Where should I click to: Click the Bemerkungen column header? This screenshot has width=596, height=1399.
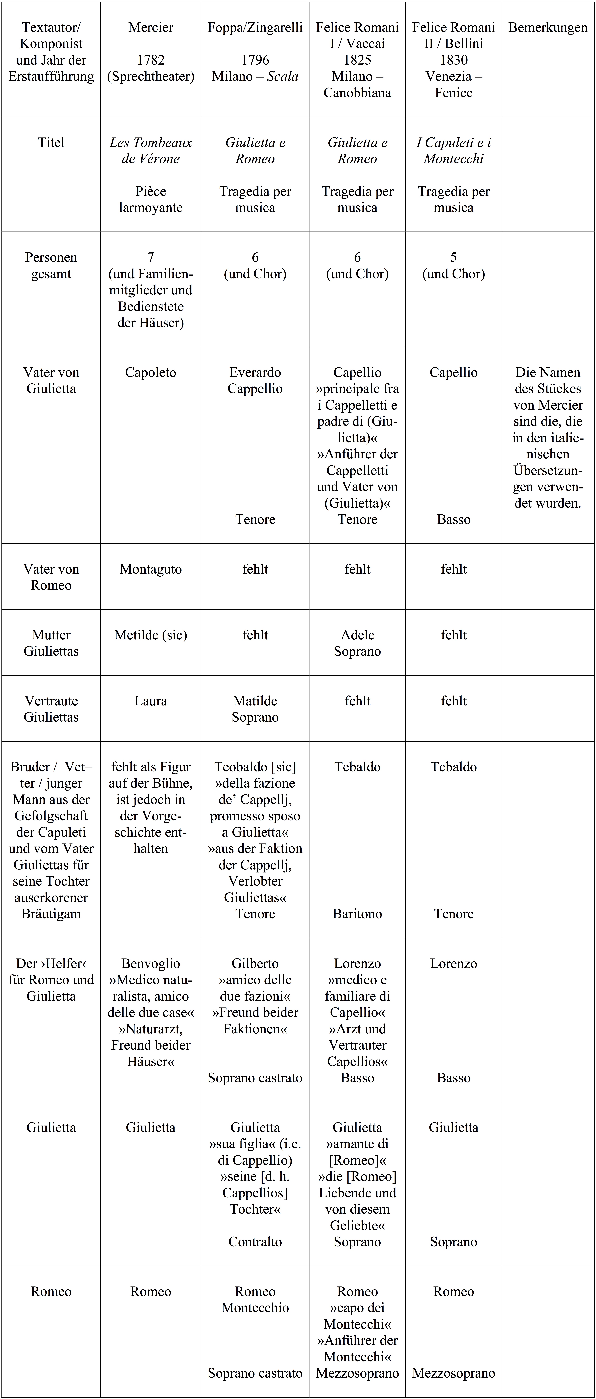548,28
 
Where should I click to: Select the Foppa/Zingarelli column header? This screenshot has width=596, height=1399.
255,28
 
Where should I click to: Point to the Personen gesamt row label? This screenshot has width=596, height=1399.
51,266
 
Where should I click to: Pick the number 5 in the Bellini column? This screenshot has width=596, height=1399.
454,257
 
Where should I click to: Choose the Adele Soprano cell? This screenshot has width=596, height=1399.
357,643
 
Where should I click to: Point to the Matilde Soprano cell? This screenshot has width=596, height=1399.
255,709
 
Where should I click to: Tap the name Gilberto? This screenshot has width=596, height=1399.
255,963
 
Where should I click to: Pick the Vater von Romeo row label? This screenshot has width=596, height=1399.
51,577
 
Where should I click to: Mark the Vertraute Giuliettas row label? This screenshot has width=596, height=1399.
51,709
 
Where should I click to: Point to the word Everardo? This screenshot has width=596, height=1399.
255,373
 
